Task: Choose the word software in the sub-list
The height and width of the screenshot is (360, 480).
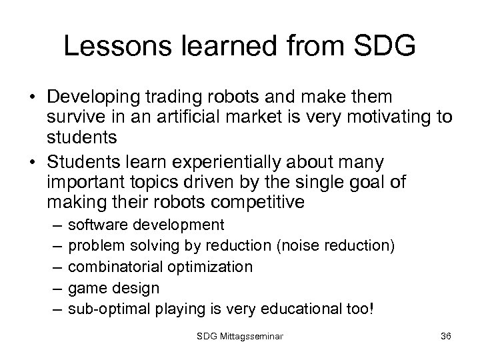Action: pos(95,225)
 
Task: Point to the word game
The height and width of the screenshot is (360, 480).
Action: pos(88,288)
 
